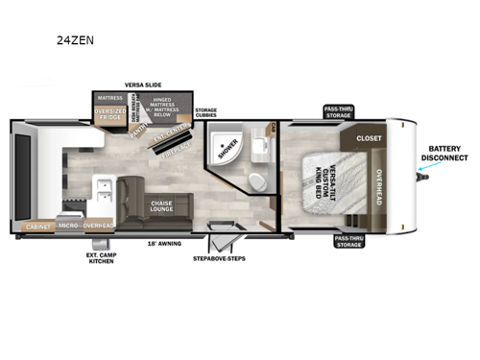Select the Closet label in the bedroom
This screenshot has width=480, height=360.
pyautogui.click(x=369, y=138)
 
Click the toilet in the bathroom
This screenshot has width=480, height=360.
pyautogui.click(x=255, y=183)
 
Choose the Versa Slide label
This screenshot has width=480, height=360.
pyautogui.click(x=142, y=84)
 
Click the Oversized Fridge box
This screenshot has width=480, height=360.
pyautogui.click(x=108, y=118)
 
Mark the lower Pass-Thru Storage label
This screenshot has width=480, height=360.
pyautogui.click(x=348, y=241)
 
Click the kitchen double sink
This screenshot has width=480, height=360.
pyautogui.click(x=105, y=188)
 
